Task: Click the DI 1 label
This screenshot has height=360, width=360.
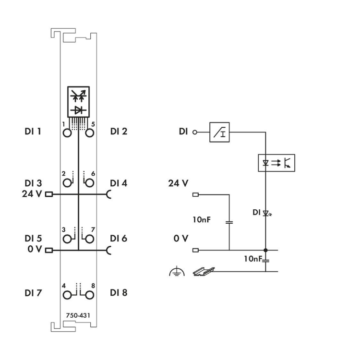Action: tap(32, 131)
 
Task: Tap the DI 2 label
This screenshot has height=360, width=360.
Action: tap(119, 131)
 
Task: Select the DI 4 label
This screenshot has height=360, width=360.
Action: tap(119, 183)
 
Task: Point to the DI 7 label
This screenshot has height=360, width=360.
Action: tap(32, 292)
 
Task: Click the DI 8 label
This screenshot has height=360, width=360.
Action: tap(119, 292)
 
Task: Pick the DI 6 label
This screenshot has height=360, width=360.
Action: tap(119, 238)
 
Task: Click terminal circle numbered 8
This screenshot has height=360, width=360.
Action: tap(89, 293)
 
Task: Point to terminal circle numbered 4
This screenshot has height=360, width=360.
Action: tap(67, 293)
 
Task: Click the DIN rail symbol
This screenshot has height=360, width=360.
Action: tap(203, 272)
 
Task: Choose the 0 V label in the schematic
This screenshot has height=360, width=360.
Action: tap(180, 239)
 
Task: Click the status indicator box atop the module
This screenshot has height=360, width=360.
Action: tap(78, 101)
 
